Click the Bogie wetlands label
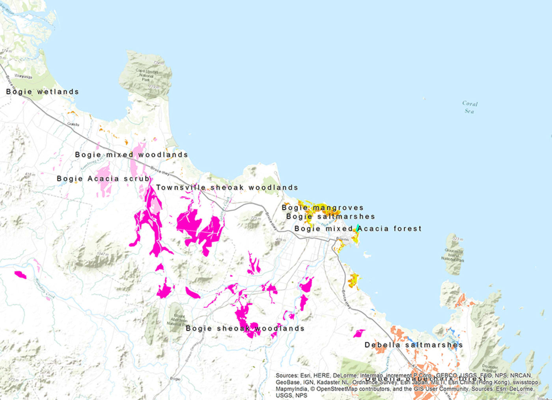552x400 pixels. [x=42, y=92]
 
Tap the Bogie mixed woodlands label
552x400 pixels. [x=131, y=155]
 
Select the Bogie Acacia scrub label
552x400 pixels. [x=103, y=179]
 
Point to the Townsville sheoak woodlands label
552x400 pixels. [x=227, y=187]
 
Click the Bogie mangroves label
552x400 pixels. [x=323, y=207]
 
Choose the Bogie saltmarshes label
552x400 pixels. [x=330, y=217]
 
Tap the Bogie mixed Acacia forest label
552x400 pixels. [x=358, y=229]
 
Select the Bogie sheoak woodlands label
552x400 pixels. [x=245, y=328]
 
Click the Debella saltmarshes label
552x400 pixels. [x=414, y=345]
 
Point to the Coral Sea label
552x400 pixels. [x=470, y=107]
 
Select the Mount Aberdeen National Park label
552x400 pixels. [x=179, y=320]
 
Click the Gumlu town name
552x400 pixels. [x=73, y=124]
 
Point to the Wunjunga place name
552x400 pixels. [x=23, y=76]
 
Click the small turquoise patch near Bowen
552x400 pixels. [x=357, y=228]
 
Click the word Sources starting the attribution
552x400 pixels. [x=287, y=376]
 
